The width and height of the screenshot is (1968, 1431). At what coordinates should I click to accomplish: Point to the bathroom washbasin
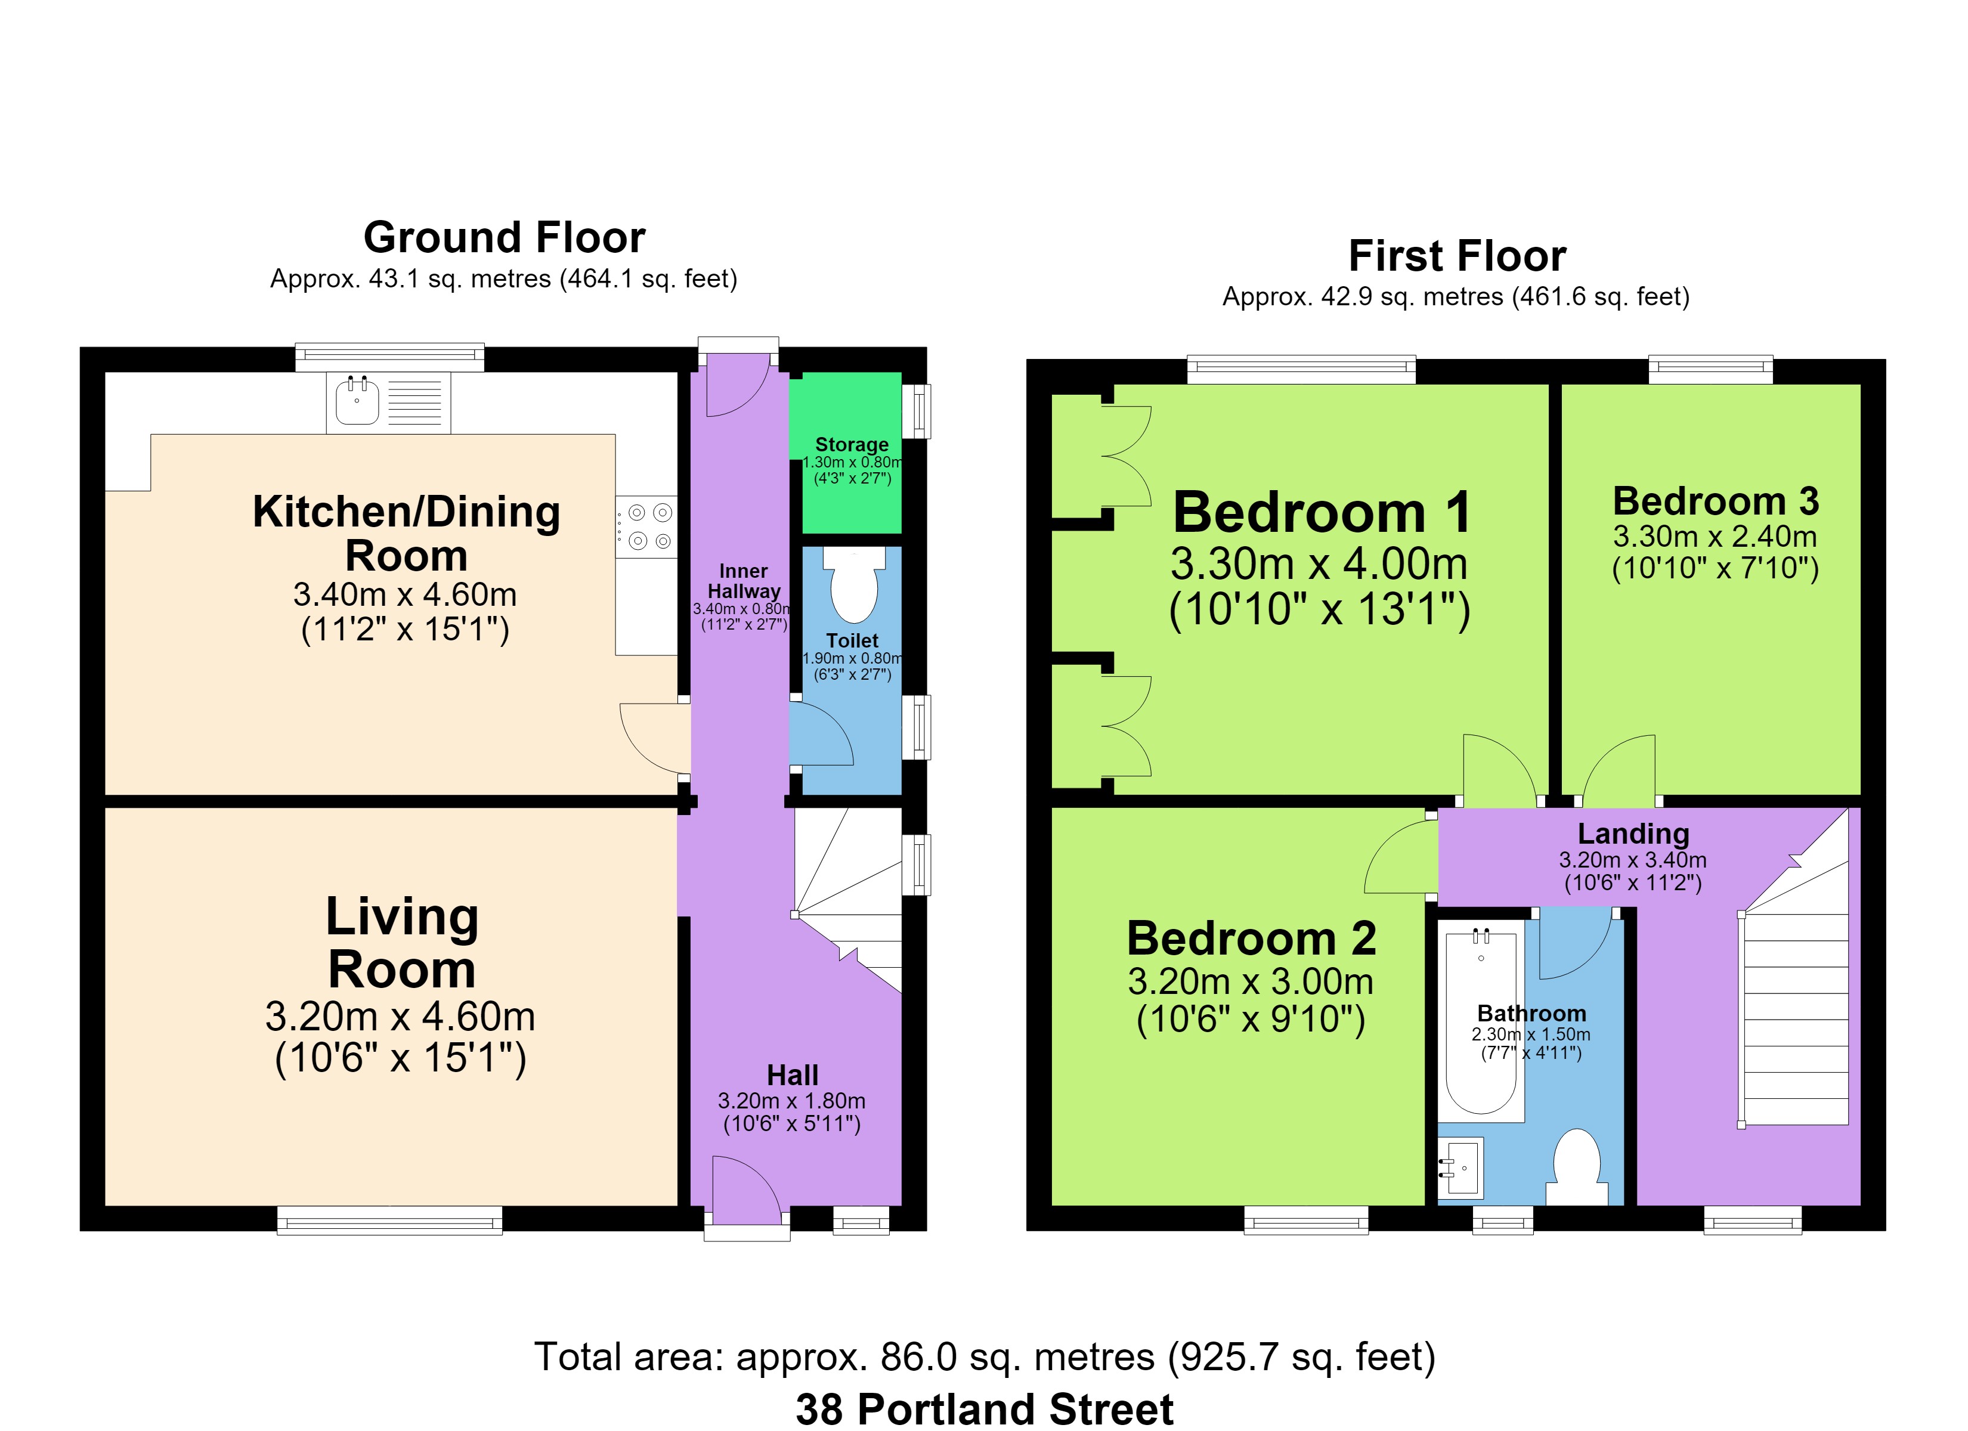(1460, 1167)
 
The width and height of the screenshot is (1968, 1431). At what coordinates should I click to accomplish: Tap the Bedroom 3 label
(1716, 501)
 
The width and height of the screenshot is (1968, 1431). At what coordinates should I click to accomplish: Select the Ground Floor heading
(504, 237)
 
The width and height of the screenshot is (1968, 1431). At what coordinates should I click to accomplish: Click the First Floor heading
(1457, 256)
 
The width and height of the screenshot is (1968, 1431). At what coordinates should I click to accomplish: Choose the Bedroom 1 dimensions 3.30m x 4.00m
(1319, 564)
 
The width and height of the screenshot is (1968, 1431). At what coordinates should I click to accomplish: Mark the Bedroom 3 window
(1710, 370)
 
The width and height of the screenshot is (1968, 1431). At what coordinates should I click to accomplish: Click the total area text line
(984, 1357)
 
